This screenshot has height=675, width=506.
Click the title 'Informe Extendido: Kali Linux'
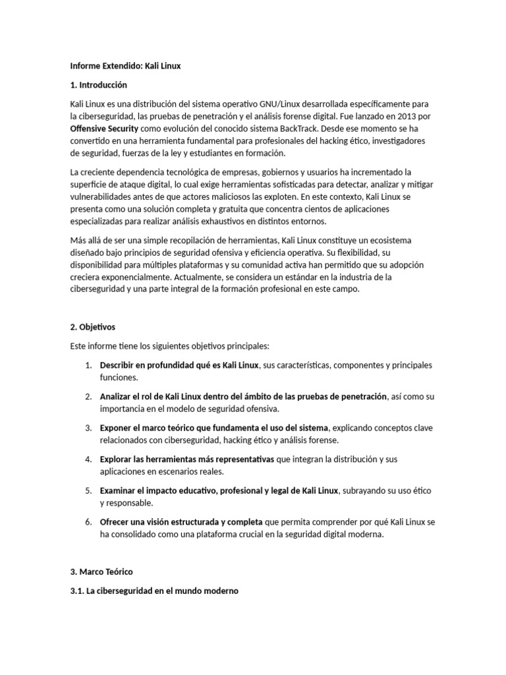tap(125, 66)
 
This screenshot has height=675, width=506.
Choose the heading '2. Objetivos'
tap(93, 327)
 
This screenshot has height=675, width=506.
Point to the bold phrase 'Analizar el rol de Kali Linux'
tap(160, 397)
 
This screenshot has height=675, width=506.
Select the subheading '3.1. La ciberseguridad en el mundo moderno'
tap(154, 591)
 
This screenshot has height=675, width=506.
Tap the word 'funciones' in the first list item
tap(119, 378)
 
